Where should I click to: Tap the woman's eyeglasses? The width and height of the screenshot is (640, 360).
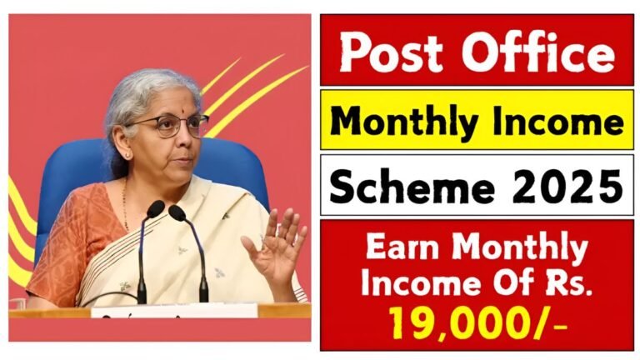[172, 125]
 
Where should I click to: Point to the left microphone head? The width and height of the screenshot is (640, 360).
[156, 208]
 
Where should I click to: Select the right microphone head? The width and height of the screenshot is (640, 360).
[177, 212]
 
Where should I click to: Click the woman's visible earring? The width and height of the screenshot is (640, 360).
[127, 155]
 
